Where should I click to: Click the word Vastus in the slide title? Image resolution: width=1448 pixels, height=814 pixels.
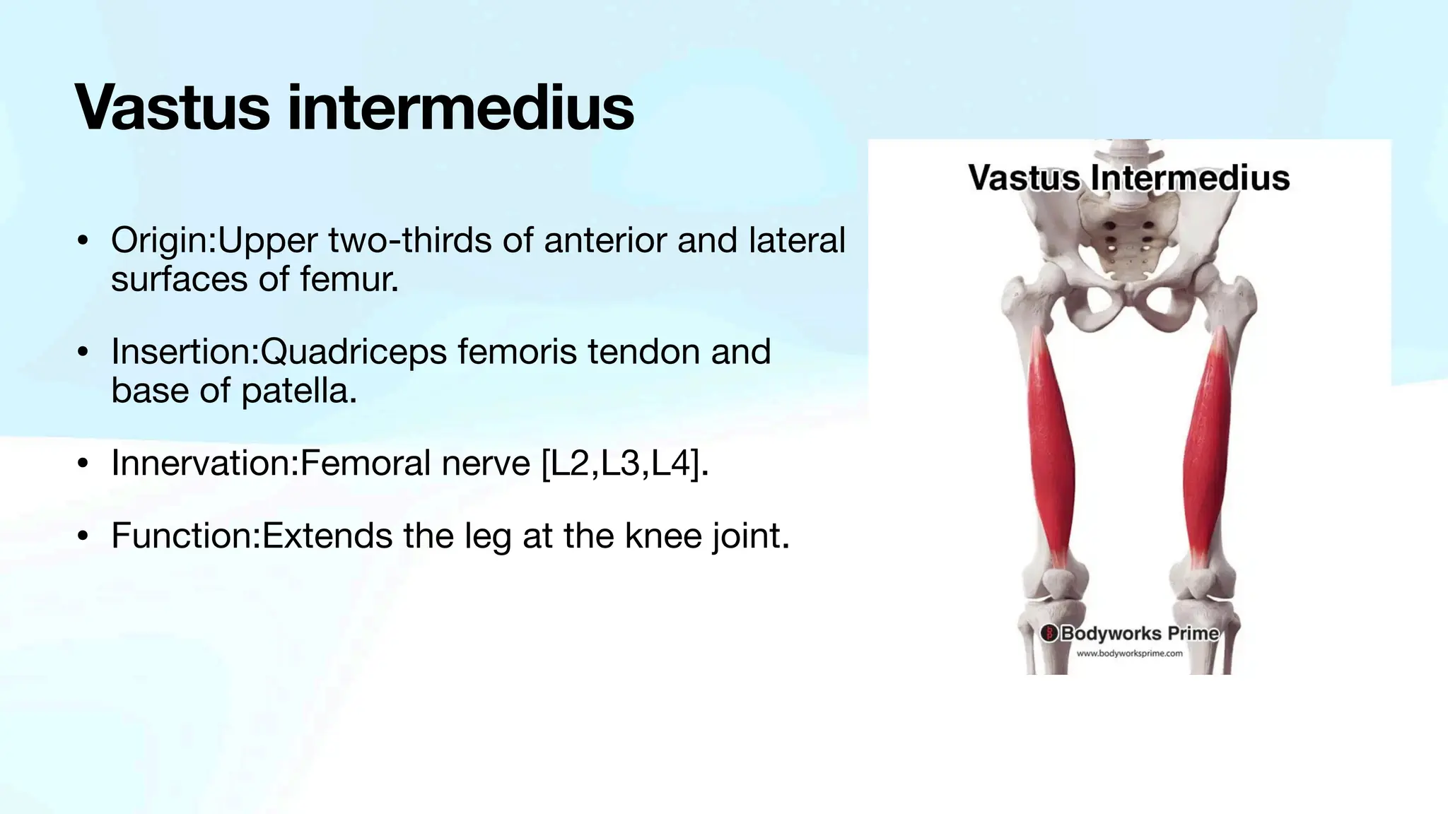172,107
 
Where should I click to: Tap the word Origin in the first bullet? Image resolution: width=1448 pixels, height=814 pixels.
162,241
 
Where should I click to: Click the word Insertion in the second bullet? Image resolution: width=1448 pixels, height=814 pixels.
183,352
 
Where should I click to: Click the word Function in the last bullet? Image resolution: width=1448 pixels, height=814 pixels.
184,536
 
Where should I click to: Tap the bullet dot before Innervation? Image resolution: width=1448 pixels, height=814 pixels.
83,464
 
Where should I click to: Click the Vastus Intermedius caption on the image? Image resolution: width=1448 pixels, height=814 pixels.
1128,177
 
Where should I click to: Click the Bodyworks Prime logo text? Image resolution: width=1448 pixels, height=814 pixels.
1139,633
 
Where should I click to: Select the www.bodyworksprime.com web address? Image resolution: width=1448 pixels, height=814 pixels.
1129,654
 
